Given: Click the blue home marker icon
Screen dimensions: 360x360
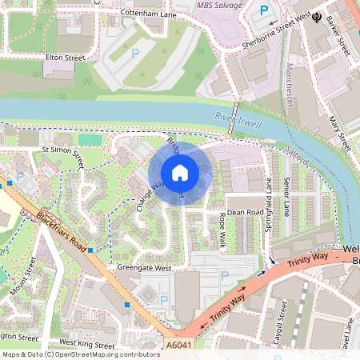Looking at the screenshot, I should click(180, 173).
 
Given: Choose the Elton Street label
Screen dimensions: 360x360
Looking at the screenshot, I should click(66, 58).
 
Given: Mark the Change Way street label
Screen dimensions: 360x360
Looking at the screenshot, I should click(150, 194).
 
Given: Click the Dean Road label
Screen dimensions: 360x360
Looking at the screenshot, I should click(245, 213).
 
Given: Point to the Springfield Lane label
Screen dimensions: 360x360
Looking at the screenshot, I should click(268, 205).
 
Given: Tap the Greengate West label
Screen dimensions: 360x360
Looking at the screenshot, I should click(145, 269).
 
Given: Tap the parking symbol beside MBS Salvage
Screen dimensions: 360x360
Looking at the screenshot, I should click(264, 12).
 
